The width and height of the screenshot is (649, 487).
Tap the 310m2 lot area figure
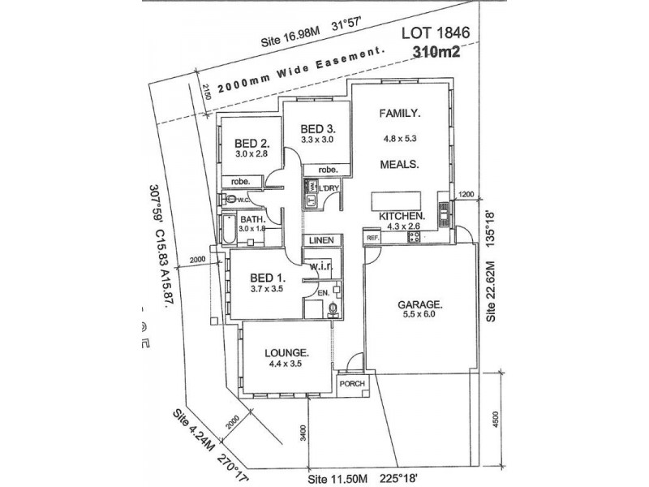click(x=438, y=54)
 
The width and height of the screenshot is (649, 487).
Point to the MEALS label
click(x=399, y=163)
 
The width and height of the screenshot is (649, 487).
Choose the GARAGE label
click(x=419, y=304)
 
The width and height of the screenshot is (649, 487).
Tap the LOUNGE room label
click(x=286, y=354)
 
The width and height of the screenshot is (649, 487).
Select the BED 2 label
click(x=241, y=140)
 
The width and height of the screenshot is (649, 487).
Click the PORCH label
click(x=352, y=384)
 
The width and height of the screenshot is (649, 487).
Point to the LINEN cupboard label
click(x=320, y=241)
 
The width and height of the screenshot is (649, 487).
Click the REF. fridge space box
click(x=372, y=238)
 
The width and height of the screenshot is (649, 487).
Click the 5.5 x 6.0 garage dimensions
click(x=419, y=316)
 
